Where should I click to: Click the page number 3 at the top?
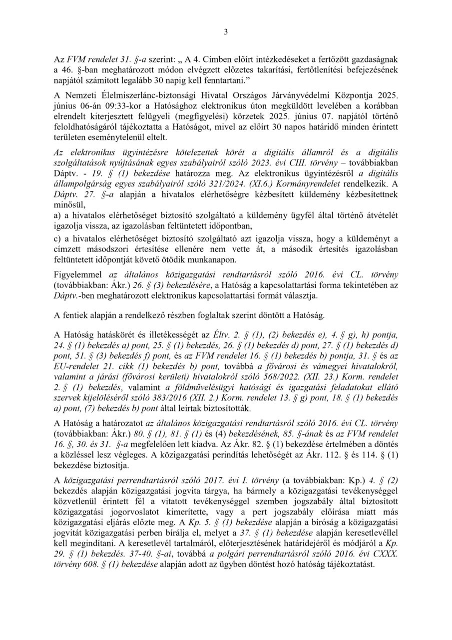point(226,33)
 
